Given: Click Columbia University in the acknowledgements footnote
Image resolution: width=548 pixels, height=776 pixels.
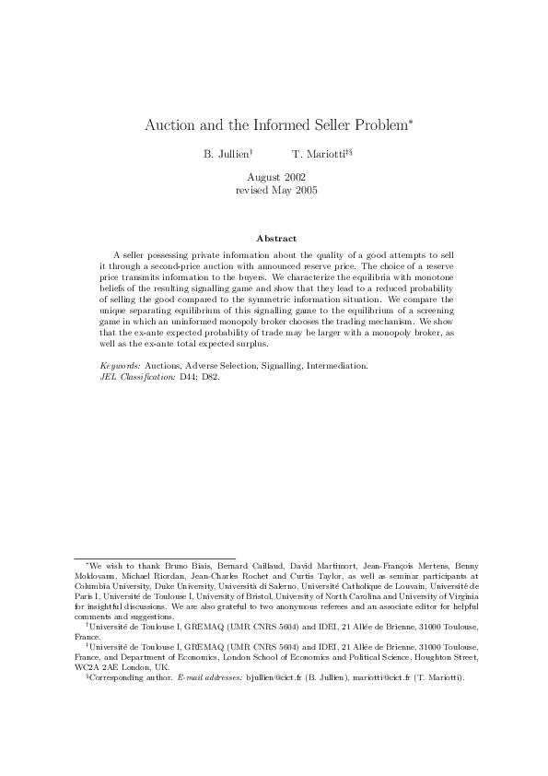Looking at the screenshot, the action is [106, 585].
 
